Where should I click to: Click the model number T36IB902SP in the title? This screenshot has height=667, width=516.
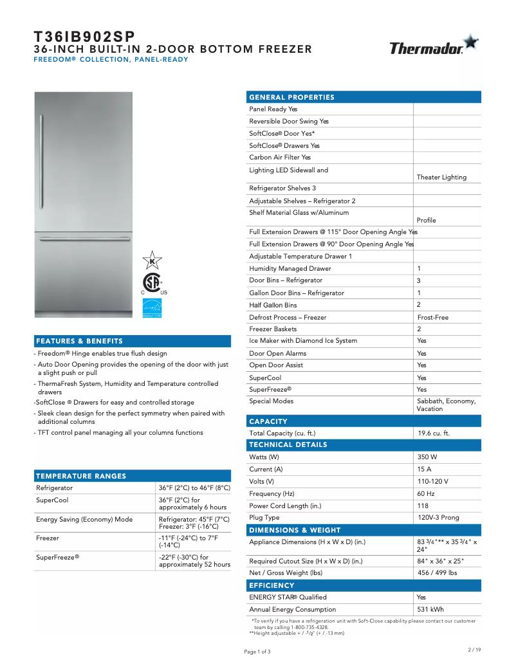tap(84, 37)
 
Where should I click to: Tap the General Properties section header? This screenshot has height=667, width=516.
tap(292, 97)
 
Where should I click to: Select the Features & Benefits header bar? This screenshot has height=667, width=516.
tap(80, 341)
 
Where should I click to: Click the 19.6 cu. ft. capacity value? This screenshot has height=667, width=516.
tap(433, 433)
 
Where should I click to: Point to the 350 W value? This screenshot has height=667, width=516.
tap(427, 457)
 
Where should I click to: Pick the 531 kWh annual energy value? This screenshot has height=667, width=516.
tap(430, 609)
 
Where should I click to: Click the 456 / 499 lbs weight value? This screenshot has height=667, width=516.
tap(438, 572)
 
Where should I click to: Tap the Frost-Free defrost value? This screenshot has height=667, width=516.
tap(433, 317)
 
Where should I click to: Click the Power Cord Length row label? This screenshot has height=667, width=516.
tap(285, 506)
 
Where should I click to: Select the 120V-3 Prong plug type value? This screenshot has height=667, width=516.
tap(438, 517)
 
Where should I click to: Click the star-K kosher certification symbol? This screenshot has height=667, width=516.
tap(152, 260)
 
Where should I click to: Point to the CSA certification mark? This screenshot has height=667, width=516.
tap(152, 283)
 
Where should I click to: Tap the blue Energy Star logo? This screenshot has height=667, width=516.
tap(152, 308)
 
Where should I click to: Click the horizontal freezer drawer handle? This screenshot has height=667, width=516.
tap(84, 239)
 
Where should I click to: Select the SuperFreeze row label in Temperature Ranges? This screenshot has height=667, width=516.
tap(58, 557)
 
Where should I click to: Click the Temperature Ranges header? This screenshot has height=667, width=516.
tap(81, 476)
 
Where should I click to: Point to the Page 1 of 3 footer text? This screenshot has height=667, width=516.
tap(257, 652)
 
